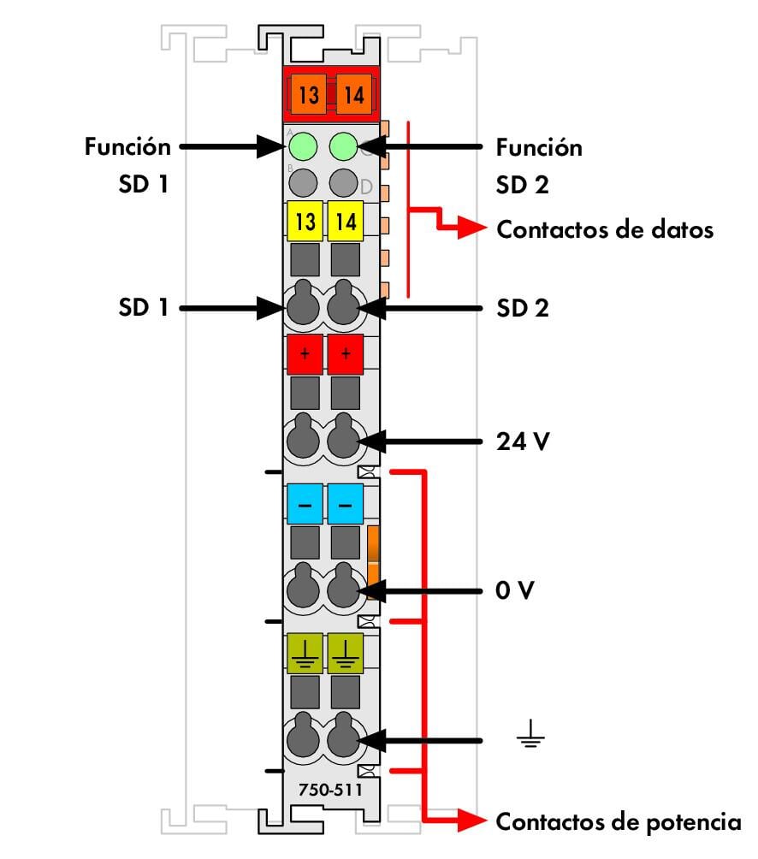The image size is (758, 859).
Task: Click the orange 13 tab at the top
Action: [x=308, y=95]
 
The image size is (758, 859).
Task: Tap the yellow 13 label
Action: [x=305, y=222]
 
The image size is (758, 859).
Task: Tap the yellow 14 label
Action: [x=346, y=222]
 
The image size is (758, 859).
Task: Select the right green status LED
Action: [x=344, y=145]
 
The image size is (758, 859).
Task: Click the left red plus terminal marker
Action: [x=305, y=354]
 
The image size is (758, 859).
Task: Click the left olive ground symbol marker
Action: [x=305, y=655]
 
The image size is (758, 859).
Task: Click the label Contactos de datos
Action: [x=604, y=229]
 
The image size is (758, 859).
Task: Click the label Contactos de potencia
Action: [x=619, y=822]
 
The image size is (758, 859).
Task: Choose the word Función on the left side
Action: [x=127, y=146]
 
